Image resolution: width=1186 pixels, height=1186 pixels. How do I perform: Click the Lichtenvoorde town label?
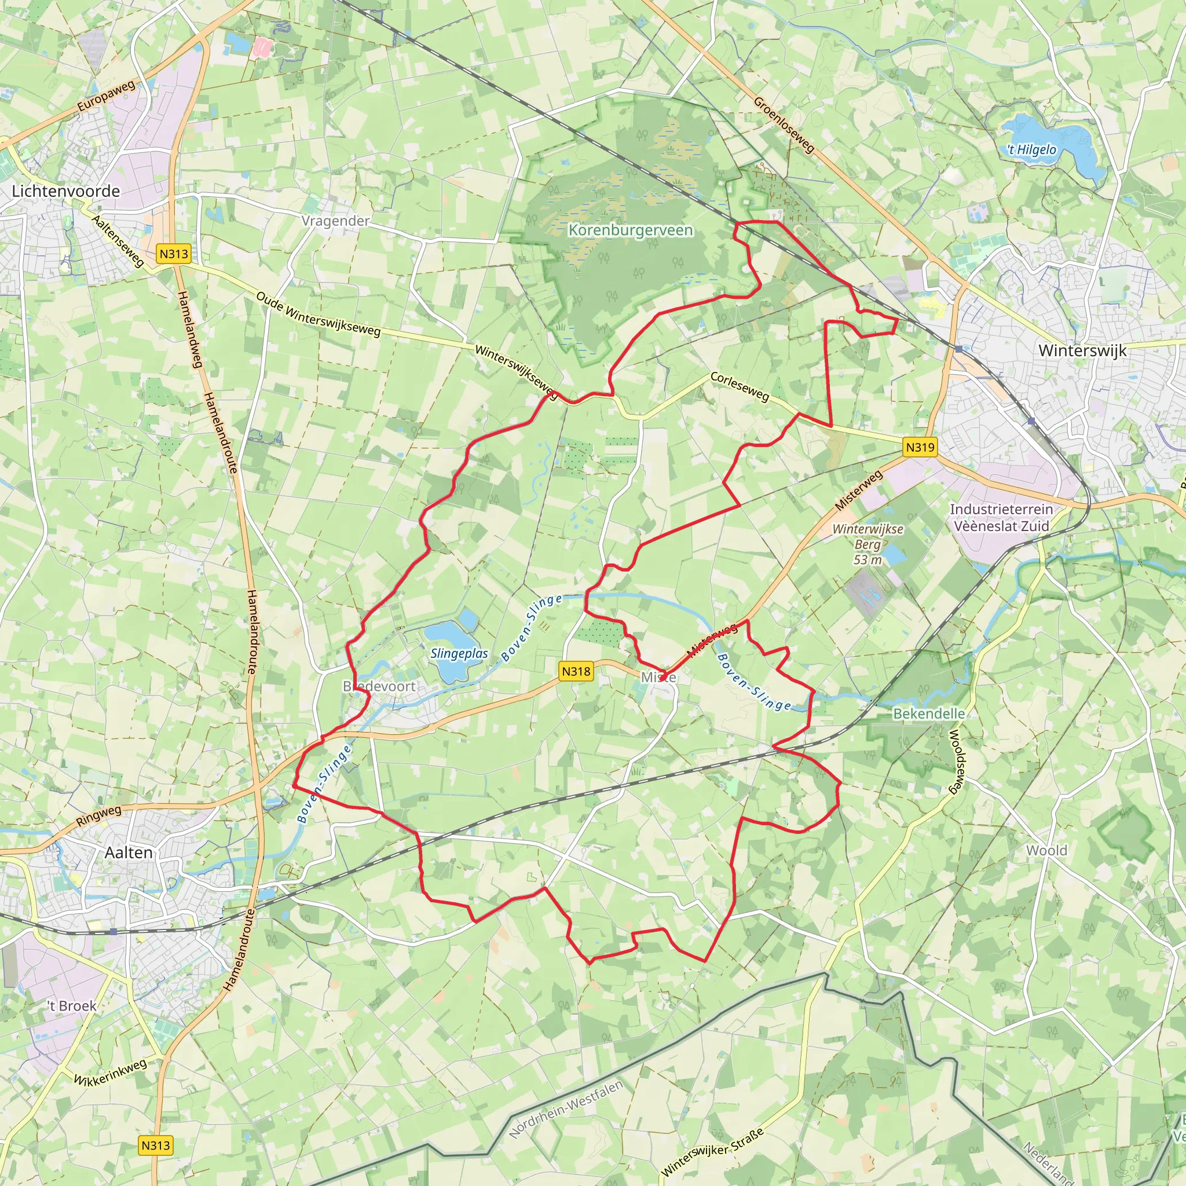pyautogui.click(x=65, y=192)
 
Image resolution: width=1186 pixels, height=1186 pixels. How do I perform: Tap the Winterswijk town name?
pyautogui.click(x=1082, y=350)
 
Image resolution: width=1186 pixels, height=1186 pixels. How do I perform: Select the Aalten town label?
pyautogui.click(x=129, y=852)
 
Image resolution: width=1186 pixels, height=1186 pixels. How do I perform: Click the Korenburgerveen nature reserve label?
pyautogui.click(x=631, y=230)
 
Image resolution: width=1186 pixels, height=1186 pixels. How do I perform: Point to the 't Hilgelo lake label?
pyautogui.click(x=1031, y=150)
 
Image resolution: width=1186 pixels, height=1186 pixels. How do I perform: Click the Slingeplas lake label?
pyautogui.click(x=459, y=653)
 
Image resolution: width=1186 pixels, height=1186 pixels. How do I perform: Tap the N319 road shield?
pyautogui.click(x=920, y=448)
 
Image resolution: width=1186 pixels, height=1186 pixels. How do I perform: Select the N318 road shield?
pyautogui.click(x=576, y=672)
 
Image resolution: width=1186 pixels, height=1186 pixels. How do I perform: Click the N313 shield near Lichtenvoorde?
pyautogui.click(x=173, y=254)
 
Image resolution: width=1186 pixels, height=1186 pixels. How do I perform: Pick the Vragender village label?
pyautogui.click(x=335, y=221)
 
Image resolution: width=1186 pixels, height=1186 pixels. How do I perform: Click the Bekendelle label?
pyautogui.click(x=929, y=713)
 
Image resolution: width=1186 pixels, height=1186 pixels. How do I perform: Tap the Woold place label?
pyautogui.click(x=1046, y=851)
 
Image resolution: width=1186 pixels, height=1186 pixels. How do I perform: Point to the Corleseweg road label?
pyautogui.click(x=740, y=386)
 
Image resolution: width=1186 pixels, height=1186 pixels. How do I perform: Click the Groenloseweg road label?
pyautogui.click(x=784, y=125)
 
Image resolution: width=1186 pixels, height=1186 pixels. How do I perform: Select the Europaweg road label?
pyautogui.click(x=105, y=96)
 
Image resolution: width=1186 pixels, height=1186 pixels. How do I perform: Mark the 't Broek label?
pyautogui.click(x=72, y=1006)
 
